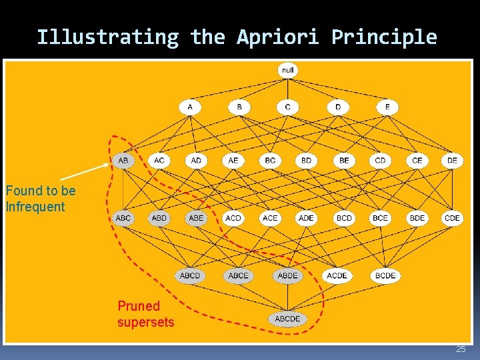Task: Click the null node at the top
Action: click(287, 70)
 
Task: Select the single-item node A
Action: click(190, 107)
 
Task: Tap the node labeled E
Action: click(387, 107)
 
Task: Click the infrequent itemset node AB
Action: click(123, 160)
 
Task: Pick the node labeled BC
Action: click(270, 160)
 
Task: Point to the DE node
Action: click(452, 160)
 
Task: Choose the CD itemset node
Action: click(380, 160)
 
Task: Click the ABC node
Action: click(123, 218)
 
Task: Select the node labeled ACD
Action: click(233, 218)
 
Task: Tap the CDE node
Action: click(452, 218)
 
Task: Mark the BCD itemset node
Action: click(344, 218)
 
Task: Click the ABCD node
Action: click(190, 275)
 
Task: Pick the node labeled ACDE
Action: click(337, 275)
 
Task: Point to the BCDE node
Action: click(385, 275)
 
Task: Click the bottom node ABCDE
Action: click(287, 319)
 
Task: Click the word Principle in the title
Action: click(384, 37)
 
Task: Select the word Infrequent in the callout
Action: click(35, 207)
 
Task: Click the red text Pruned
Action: click(139, 306)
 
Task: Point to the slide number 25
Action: click(461, 349)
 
